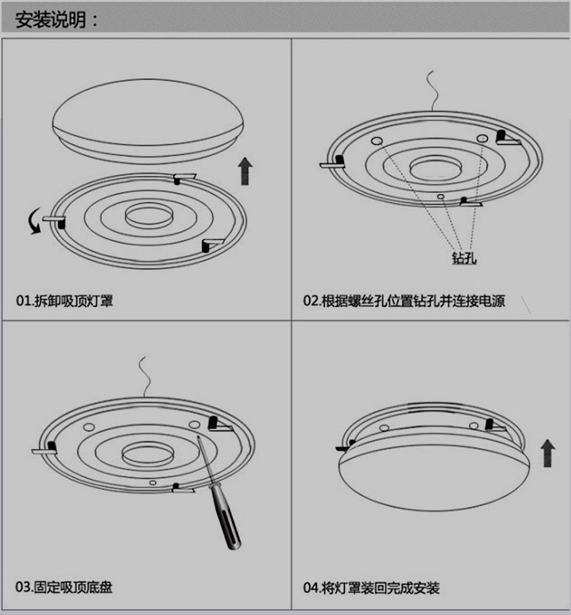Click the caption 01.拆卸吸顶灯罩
64,301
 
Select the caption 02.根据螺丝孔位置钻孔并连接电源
404,301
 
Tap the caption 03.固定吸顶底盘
64,587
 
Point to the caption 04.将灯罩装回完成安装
371,588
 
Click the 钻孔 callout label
464,258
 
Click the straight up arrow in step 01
245,171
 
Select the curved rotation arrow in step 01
34,222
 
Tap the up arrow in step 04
547,453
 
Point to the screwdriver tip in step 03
198,437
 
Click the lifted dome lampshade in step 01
148,121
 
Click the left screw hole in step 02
377,141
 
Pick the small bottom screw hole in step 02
441,196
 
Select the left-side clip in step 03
44,448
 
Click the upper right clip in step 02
508,138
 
